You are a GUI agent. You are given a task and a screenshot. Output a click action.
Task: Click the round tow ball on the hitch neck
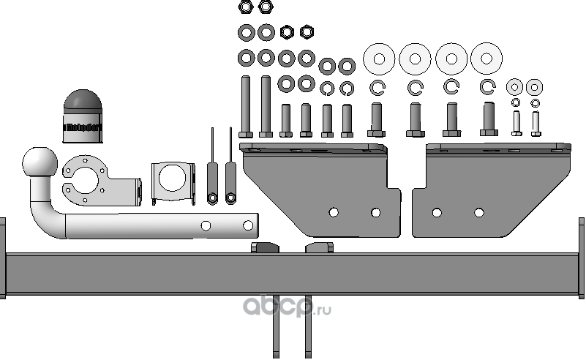coord(39,162)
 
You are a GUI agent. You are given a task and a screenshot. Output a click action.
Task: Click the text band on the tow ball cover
coord(83,128)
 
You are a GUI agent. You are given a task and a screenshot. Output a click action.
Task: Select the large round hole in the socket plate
coord(88,180)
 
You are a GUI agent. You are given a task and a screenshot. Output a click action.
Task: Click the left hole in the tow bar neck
coord(206,225)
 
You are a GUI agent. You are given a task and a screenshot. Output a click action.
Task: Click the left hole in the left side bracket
coord(334,212)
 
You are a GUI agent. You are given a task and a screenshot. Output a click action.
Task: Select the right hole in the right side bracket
coord(479,212)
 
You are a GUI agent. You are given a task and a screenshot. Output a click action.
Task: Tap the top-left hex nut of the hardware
coord(246,7)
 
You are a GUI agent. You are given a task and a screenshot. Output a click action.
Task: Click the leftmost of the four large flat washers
coord(379,59)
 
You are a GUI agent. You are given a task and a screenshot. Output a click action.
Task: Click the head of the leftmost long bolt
coord(246,134)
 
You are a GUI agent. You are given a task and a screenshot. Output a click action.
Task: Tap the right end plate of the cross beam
coord(582,258)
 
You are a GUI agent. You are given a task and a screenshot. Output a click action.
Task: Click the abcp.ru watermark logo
coord(287,308)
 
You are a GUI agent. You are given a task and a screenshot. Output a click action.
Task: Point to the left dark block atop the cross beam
coord(265,247)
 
